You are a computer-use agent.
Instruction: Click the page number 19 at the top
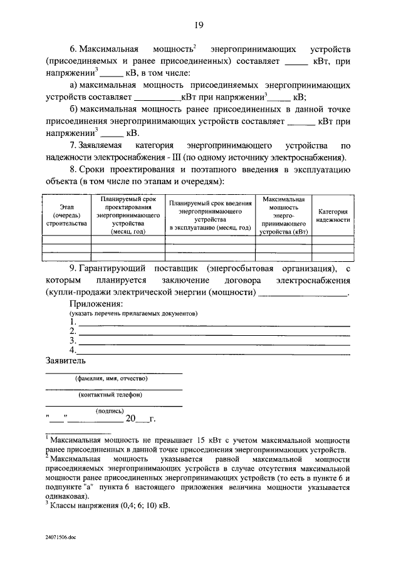click(x=199, y=25)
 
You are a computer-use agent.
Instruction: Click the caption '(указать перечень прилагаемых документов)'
click(x=133, y=313)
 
